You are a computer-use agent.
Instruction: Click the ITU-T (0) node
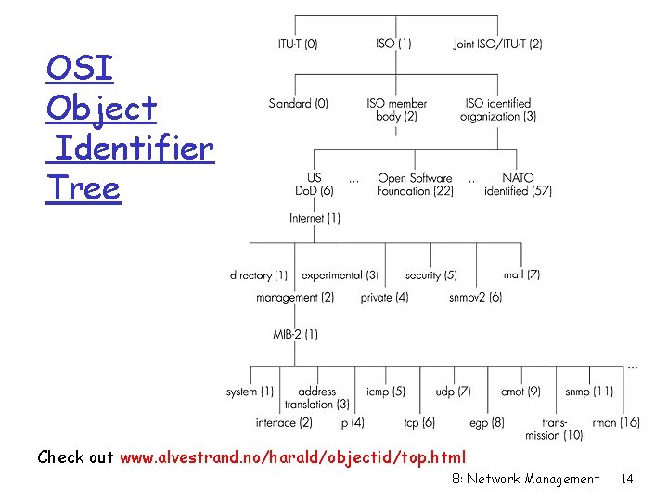(298, 44)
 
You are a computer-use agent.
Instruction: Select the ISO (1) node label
(393, 44)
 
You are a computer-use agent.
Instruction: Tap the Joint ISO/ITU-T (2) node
(498, 44)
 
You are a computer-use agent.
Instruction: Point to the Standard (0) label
(298, 104)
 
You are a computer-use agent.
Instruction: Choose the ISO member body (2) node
(396, 109)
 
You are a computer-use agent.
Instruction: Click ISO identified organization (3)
(497, 109)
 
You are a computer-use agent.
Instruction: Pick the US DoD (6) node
(315, 184)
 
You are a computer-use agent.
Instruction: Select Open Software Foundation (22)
(415, 184)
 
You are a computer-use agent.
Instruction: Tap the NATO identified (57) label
(518, 184)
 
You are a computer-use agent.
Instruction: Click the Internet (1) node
(315, 218)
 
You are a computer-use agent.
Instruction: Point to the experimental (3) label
(339, 276)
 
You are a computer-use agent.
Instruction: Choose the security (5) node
(430, 276)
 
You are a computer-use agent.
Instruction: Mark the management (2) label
(295, 298)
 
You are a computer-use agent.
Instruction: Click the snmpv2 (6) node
(475, 298)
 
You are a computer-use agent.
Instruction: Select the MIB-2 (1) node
(295, 333)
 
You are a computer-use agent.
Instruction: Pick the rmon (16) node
(616, 422)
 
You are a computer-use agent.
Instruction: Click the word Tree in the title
(83, 188)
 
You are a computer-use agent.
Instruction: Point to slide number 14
(627, 479)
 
